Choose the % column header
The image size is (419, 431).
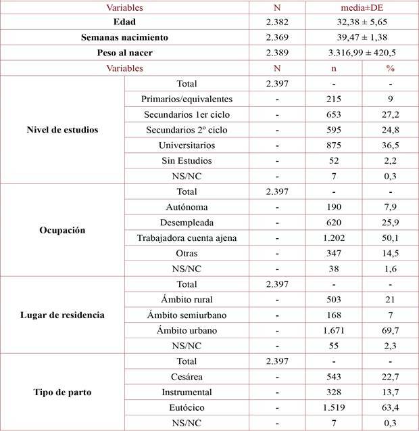click(390, 68)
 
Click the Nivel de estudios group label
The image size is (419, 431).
click(63, 129)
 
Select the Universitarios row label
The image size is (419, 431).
click(186, 145)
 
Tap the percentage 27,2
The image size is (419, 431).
click(390, 114)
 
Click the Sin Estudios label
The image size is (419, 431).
click(186, 160)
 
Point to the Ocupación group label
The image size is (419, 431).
click(63, 229)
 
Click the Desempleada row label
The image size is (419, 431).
click(186, 222)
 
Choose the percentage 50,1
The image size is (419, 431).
click(390, 237)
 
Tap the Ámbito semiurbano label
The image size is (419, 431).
click(186, 315)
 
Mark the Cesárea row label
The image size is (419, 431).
click(186, 376)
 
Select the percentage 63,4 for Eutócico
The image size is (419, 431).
click(390, 407)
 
